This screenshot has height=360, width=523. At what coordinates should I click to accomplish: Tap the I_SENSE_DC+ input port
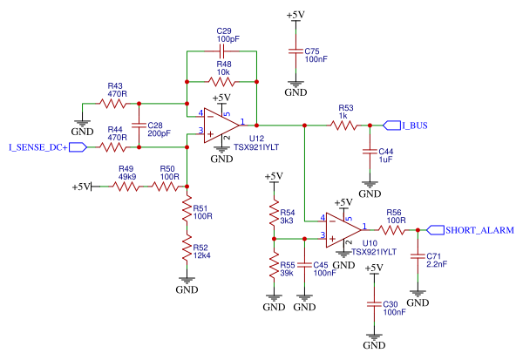[x=44, y=147]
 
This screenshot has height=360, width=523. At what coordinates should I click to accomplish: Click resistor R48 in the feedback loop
[x=221, y=81]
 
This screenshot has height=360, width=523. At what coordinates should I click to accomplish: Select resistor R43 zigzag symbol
[x=113, y=103]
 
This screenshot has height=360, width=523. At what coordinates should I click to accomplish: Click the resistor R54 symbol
[x=274, y=214]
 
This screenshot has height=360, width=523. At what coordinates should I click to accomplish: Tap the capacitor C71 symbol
[x=418, y=259]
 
